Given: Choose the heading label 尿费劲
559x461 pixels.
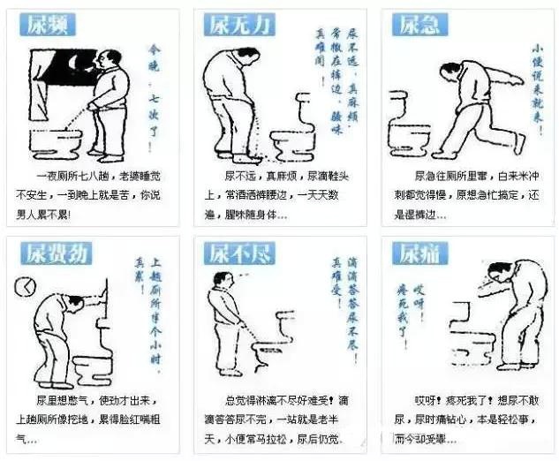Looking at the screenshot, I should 53,253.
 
